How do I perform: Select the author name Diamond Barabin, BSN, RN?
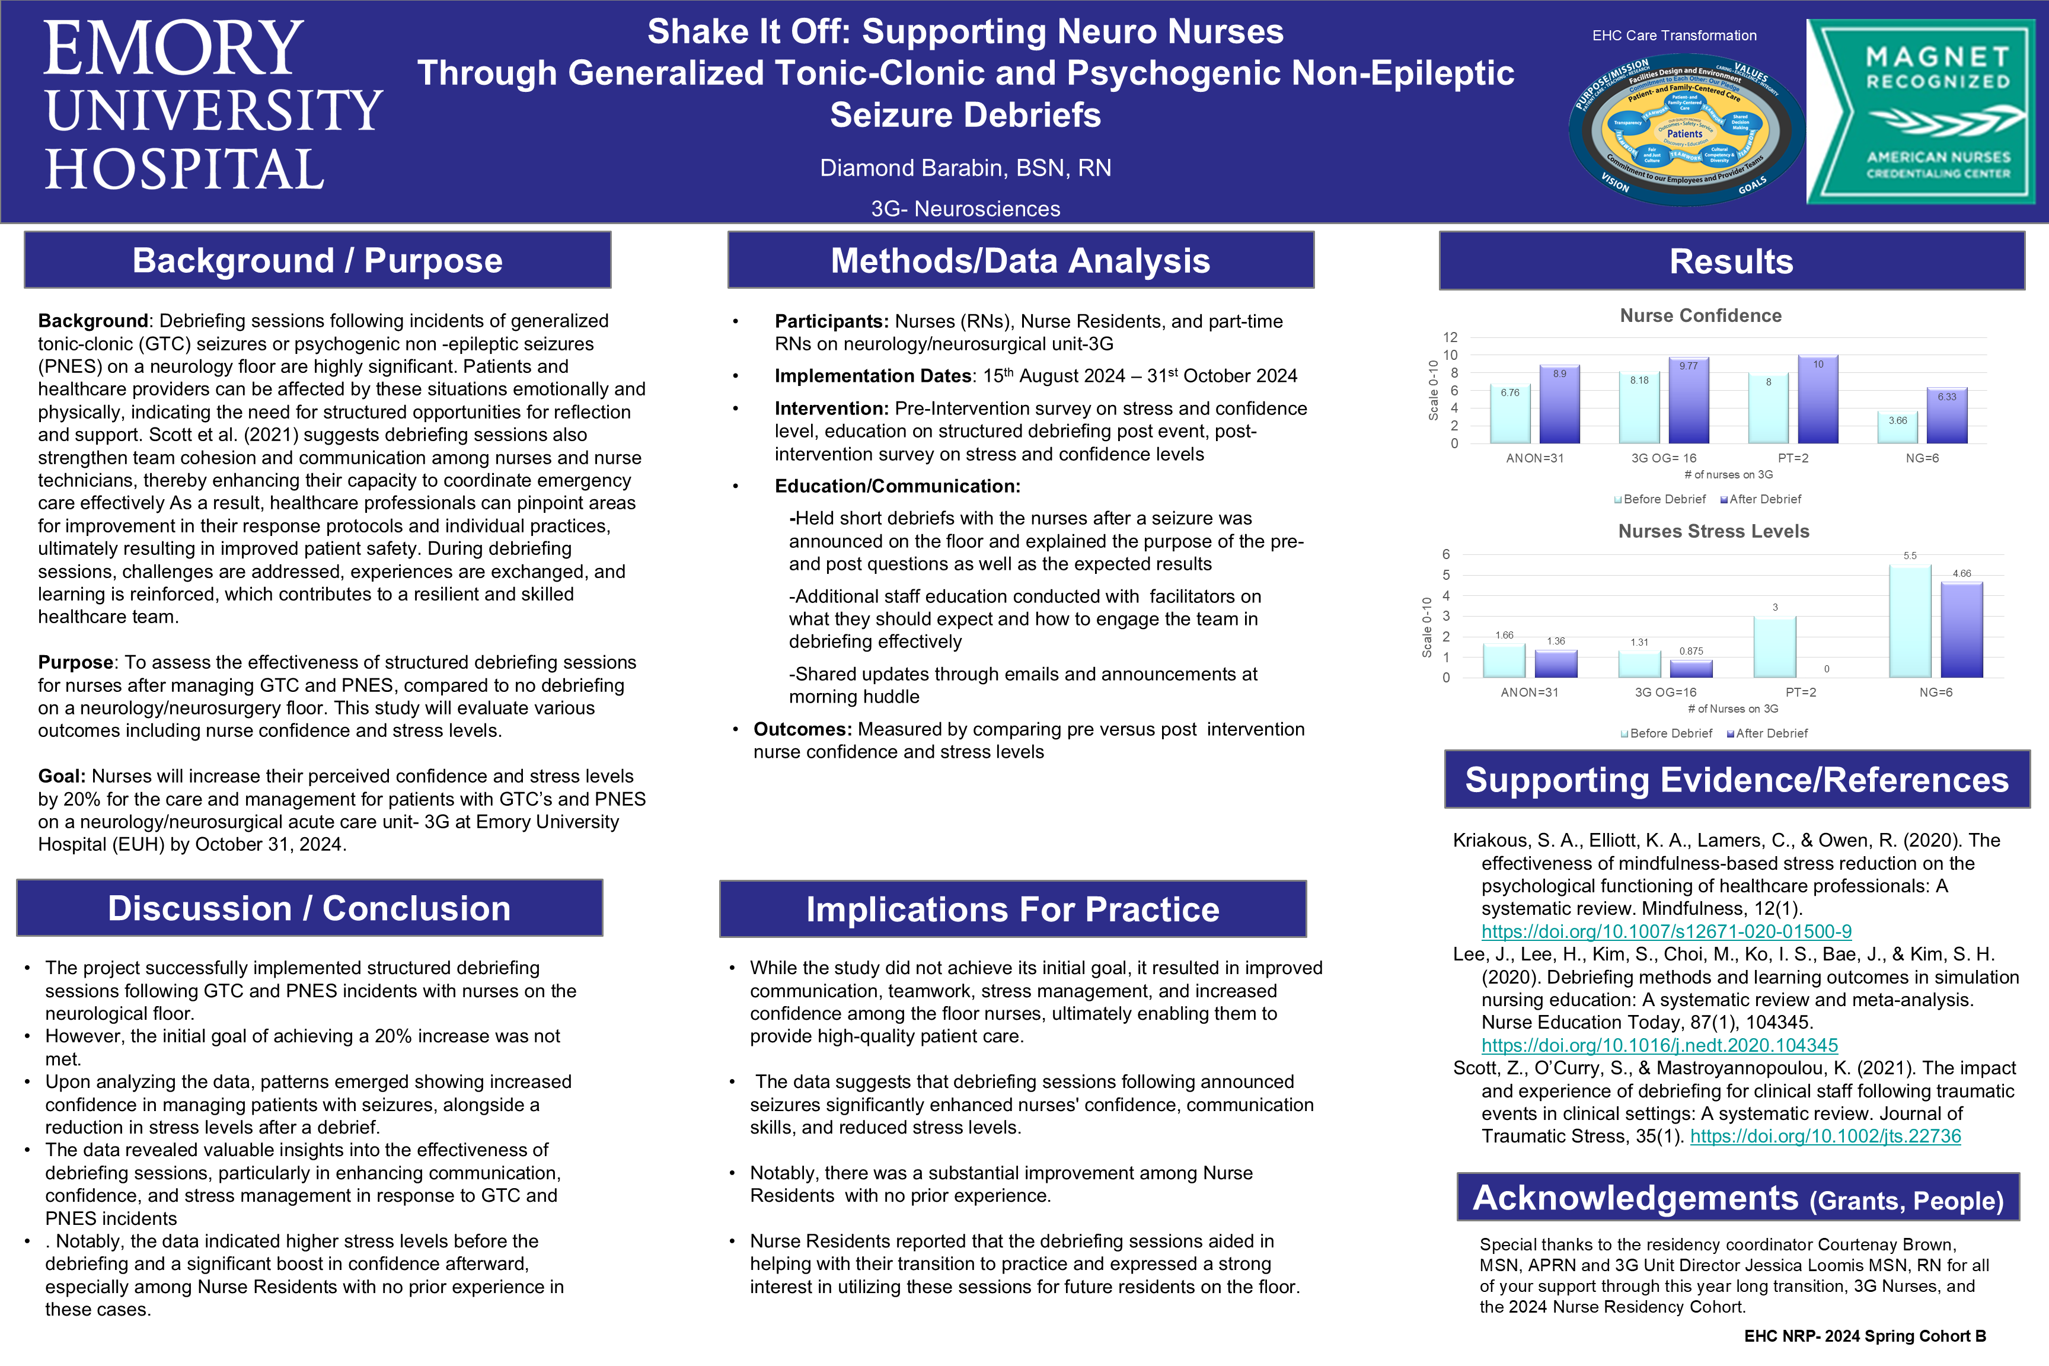965,168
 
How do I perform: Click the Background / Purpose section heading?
317,260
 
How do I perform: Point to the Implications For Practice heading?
1012,909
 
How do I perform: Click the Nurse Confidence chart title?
1700,315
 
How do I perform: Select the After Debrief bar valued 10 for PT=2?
1818,401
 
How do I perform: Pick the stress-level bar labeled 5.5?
1910,621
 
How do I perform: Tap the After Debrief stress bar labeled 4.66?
1962,630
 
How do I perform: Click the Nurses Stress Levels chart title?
1713,531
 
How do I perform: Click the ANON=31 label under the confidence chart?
1535,458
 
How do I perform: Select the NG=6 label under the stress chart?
1936,692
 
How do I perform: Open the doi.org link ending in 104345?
1659,1045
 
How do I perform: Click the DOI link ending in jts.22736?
1825,1137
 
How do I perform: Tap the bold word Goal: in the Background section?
62,776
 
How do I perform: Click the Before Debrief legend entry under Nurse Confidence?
1661,499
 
